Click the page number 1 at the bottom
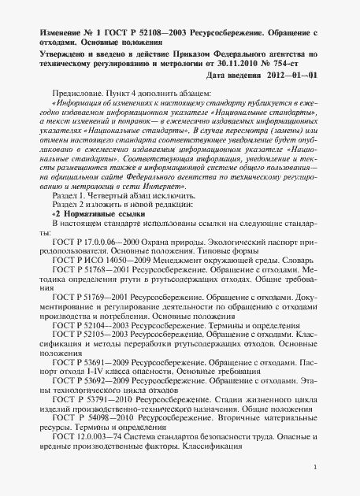(314, 488)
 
